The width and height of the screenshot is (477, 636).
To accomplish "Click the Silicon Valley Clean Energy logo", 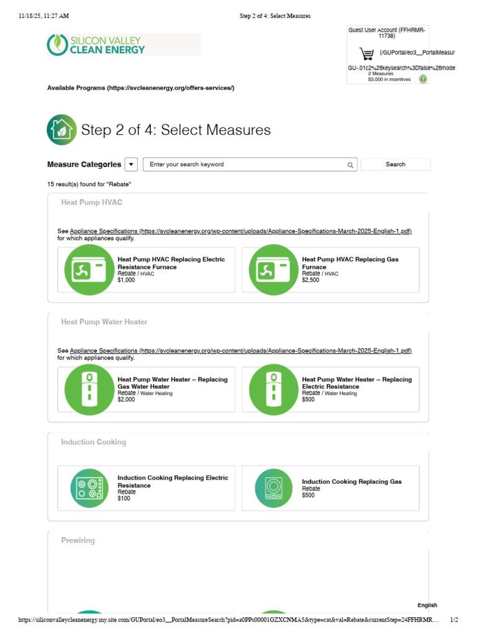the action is (96, 45).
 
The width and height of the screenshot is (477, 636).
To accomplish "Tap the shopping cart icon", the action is (366, 53).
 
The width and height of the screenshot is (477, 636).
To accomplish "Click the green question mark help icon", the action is (423, 79).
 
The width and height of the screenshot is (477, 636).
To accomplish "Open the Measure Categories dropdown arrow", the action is (131, 164).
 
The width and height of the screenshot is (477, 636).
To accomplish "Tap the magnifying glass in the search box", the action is (350, 165).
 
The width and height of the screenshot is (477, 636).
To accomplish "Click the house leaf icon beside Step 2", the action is (61, 130).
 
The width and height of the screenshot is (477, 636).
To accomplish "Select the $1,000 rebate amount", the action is (126, 280).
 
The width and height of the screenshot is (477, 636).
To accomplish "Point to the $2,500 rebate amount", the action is (311, 280).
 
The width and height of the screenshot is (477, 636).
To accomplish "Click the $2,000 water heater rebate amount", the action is (126, 399).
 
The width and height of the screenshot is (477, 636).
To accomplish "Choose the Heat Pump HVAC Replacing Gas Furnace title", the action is (350, 263).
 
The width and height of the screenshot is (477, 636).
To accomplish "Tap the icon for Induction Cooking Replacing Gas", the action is (274, 488).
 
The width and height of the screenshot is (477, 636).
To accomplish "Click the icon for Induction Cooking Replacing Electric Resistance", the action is (89, 488).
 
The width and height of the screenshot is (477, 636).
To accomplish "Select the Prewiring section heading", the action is (78, 540).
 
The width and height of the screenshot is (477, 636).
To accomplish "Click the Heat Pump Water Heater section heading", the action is (104, 322).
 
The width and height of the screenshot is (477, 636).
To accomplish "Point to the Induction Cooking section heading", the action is (94, 442).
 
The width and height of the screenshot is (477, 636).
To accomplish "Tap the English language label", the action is (427, 605).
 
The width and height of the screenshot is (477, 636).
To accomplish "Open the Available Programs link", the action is (141, 88).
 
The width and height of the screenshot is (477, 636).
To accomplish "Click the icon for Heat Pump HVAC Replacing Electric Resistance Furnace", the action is (89, 270).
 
